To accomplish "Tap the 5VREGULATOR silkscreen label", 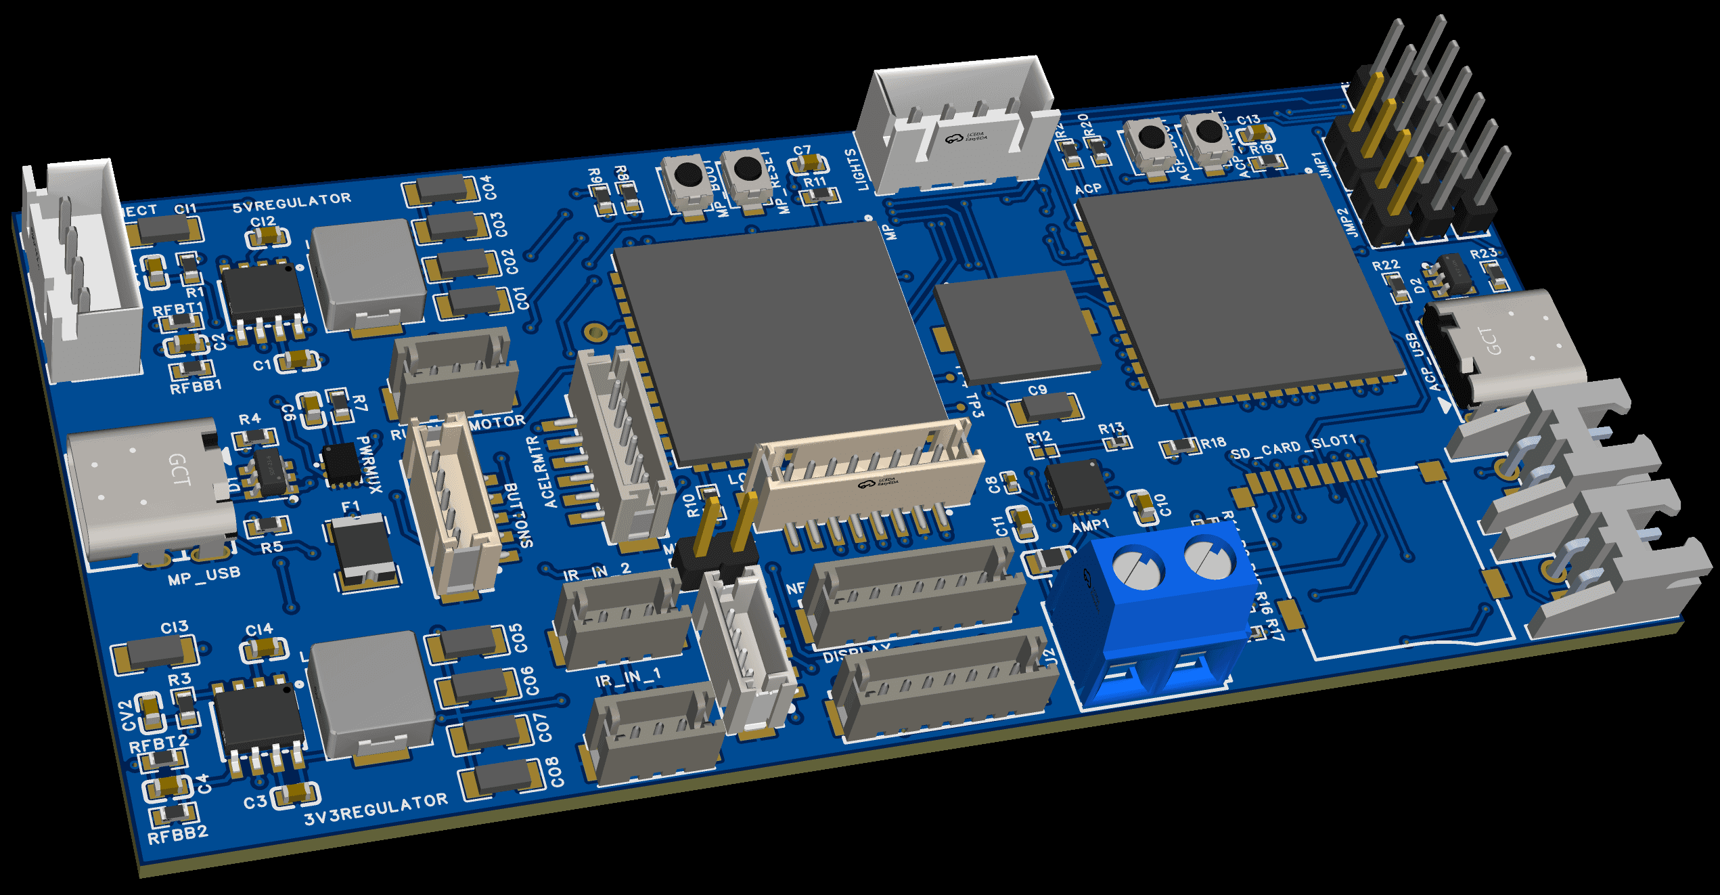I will coord(292,202).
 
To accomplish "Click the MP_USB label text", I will coord(204,576).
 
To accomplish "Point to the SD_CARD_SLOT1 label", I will coord(1293,447).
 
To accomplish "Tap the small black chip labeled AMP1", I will coord(1077,486).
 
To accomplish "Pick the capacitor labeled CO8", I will coord(501,778).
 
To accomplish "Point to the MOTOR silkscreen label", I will coord(497,422).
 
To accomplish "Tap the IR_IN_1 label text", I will coord(628,678).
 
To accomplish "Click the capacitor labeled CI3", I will coord(154,653).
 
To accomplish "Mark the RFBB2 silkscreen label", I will coord(177,835).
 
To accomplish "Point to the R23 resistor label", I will coord(1483,254).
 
